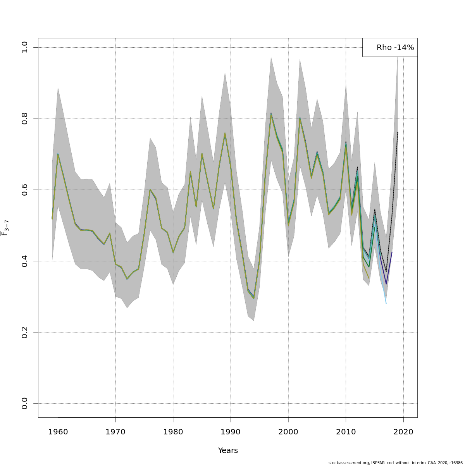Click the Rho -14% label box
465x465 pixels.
click(390, 48)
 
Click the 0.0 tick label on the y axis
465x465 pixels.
click(25, 403)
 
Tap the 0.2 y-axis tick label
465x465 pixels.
click(25, 332)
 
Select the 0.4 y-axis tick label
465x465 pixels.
click(25, 261)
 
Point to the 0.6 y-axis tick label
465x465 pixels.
click(25, 190)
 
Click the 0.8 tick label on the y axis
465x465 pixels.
click(25, 119)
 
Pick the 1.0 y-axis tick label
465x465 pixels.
click(25, 47)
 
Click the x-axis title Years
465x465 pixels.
click(228, 451)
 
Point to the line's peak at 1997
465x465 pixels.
click(271, 114)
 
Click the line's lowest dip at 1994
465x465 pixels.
click(254, 298)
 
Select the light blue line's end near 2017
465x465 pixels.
click(386, 303)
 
